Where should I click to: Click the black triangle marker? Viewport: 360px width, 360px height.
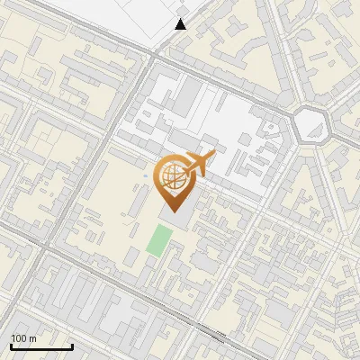[181, 24]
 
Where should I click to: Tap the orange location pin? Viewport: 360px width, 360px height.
[173, 180]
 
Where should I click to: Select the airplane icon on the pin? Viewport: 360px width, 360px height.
[199, 164]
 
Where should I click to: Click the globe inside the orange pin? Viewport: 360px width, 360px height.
[172, 176]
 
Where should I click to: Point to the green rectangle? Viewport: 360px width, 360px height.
[160, 241]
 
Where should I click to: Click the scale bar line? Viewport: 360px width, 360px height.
[41, 346]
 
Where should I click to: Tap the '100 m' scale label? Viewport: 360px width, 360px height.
[23, 338]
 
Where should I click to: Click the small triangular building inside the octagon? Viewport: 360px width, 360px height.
[311, 125]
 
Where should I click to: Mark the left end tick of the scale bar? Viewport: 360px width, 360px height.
[11, 345]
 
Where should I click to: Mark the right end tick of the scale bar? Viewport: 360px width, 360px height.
[72, 345]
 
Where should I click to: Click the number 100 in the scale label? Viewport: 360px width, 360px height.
[19, 338]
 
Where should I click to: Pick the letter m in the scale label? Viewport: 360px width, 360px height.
[32, 338]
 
